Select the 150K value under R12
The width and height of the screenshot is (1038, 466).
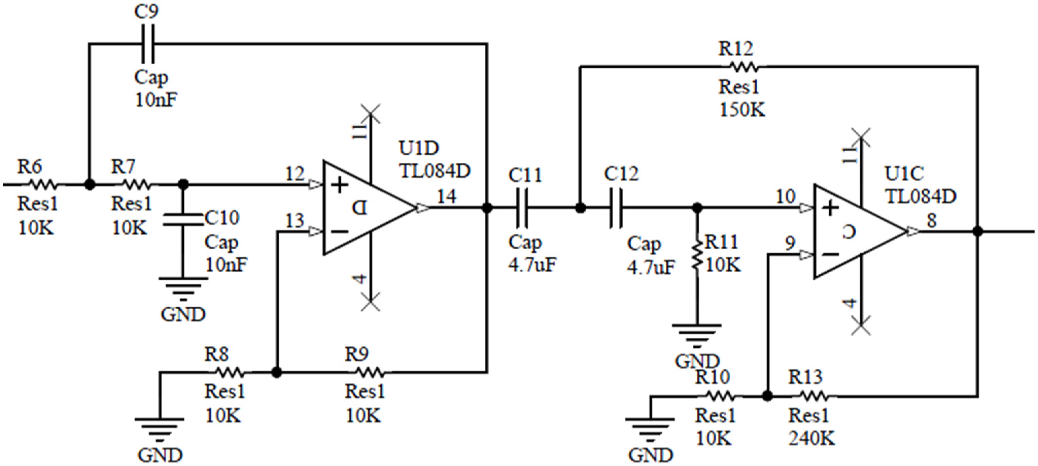click(x=742, y=110)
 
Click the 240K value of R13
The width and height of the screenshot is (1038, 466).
click(x=811, y=438)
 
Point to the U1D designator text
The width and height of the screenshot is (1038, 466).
click(x=419, y=149)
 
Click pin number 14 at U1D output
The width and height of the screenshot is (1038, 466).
click(x=447, y=197)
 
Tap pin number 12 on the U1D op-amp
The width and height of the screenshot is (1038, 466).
click(x=295, y=174)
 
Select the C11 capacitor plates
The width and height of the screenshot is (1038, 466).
click(x=521, y=208)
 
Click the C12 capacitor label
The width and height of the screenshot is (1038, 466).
click(x=621, y=174)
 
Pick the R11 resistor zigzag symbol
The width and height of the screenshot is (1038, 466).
click(x=697, y=255)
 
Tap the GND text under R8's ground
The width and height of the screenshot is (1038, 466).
click(x=160, y=455)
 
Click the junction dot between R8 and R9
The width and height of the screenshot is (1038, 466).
click(x=276, y=372)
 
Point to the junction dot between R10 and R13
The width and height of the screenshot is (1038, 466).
click(x=767, y=396)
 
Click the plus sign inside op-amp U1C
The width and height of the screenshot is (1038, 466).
click(x=830, y=208)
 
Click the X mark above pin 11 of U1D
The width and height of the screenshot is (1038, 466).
click(x=370, y=113)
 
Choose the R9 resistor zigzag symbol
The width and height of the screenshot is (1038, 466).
click(x=370, y=372)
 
